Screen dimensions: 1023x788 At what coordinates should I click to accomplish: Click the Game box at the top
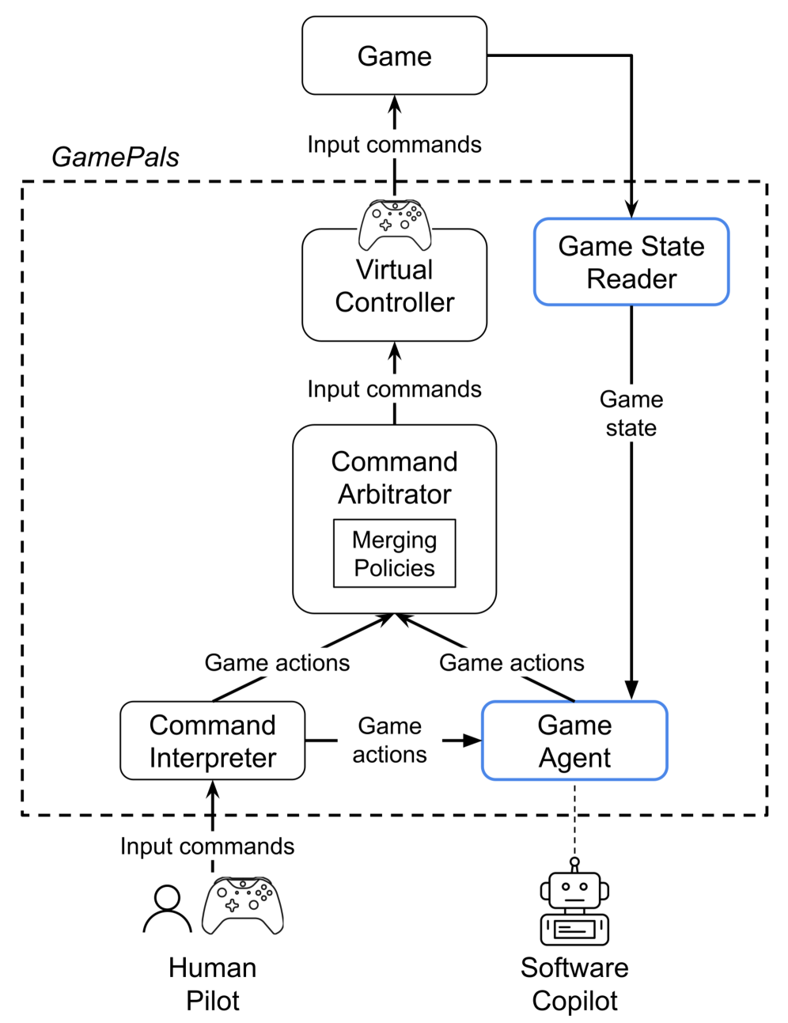coord(394,56)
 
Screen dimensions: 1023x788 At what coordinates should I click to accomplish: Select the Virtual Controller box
coord(394,287)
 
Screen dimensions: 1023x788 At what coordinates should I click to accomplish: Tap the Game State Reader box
coord(631,263)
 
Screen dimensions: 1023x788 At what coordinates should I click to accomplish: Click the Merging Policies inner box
coord(394,554)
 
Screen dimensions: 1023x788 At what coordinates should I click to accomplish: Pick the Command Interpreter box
coord(212,741)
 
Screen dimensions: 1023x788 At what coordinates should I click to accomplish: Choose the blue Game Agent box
coord(574,741)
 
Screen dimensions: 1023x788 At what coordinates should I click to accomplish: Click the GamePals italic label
coord(116,157)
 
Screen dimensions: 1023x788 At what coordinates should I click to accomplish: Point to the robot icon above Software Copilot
coord(574,904)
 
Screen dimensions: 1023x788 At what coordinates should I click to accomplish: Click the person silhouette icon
coord(167,910)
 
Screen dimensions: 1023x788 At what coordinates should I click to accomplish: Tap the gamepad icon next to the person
coord(242,905)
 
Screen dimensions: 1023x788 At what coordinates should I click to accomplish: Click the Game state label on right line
coord(631,413)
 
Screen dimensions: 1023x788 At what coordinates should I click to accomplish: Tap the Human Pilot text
coord(212,983)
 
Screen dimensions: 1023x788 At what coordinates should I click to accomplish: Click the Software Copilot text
coord(574,983)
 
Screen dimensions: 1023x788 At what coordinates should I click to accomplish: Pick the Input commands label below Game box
coord(394,145)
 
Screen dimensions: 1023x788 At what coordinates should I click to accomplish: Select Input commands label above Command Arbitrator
coord(394,389)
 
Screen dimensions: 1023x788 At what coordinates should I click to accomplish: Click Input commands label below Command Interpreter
coord(207,846)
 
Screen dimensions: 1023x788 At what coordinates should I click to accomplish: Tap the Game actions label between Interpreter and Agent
coord(389,740)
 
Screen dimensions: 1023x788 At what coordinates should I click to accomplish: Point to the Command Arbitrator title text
coord(394,477)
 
